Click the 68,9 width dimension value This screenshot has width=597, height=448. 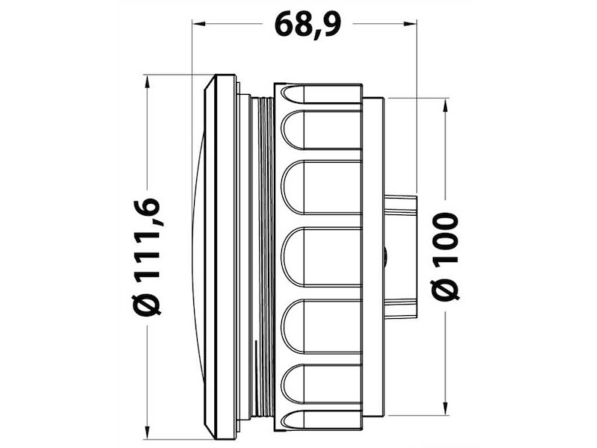pos(307,25)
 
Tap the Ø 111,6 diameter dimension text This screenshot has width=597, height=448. pos(147,257)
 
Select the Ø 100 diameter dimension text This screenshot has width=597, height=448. pos(445,256)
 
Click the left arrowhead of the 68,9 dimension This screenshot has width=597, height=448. pos(200,24)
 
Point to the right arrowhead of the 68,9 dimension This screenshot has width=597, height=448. pos(410,24)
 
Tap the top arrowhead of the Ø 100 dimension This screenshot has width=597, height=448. pos(445,105)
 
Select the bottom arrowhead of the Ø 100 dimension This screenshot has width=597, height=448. pos(445,408)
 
